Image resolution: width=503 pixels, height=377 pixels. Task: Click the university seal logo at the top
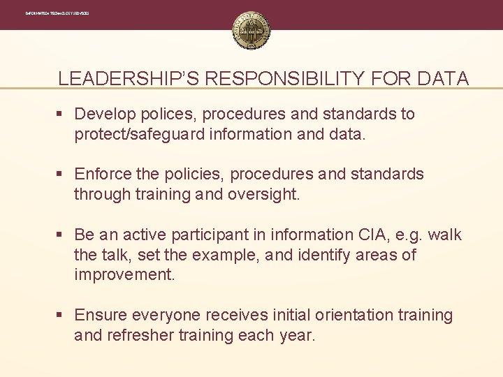pos(251,31)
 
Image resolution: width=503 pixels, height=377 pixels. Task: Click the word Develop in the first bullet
pos(104,114)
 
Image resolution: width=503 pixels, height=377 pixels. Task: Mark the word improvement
pos(124,275)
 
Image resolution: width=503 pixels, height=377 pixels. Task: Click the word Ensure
pos(101,316)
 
